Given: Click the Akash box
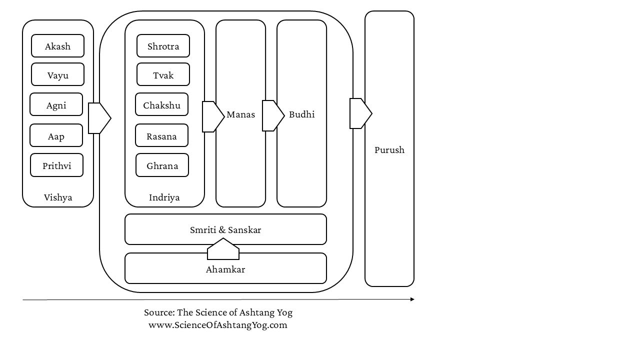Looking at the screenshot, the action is pyautogui.click(x=57, y=45).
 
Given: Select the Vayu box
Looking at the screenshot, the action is pyautogui.click(x=57, y=74).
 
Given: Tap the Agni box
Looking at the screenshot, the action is pyautogui.click(x=56, y=104).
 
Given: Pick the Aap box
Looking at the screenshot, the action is pyautogui.click(x=56, y=135).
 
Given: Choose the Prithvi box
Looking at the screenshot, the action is pyautogui.click(x=57, y=165).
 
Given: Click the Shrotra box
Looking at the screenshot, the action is pyautogui.click(x=163, y=45).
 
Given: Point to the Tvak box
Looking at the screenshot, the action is pyautogui.click(x=163, y=74).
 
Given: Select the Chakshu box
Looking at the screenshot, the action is pyautogui.click(x=161, y=104).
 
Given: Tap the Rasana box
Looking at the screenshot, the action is pyautogui.click(x=161, y=135).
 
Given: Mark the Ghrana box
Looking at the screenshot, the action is pyautogui.click(x=162, y=165).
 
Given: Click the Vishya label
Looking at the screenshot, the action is pyautogui.click(x=58, y=197).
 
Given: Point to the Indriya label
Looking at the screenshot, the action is pyautogui.click(x=164, y=197).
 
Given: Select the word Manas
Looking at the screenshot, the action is pyautogui.click(x=241, y=114).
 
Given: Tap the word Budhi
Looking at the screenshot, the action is pyautogui.click(x=301, y=114).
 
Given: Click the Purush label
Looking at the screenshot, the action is pyautogui.click(x=389, y=150).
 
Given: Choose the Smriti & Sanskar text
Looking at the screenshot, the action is pyautogui.click(x=225, y=229).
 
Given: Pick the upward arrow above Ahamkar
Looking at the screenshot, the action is pyautogui.click(x=223, y=249).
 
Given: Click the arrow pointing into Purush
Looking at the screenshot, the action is pyautogui.click(x=361, y=113).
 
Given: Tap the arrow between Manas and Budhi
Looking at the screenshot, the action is pyautogui.click(x=273, y=115).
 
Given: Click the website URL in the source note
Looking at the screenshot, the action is pyautogui.click(x=217, y=325).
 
